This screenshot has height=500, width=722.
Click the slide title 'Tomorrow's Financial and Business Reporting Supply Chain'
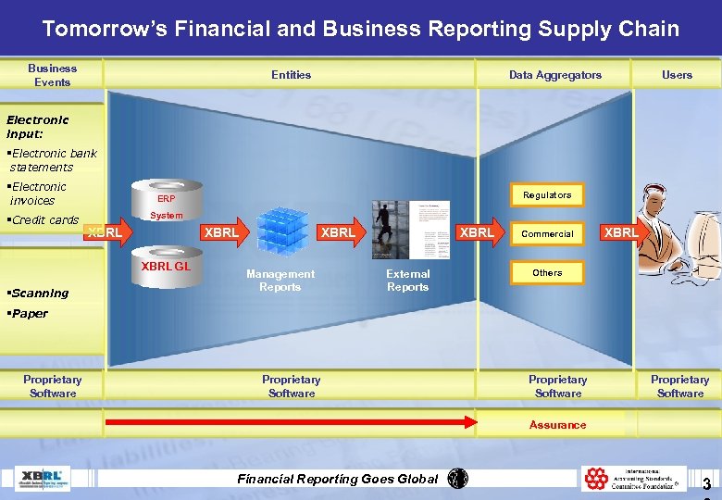point(360,29)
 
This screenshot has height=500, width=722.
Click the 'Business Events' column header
point(52,75)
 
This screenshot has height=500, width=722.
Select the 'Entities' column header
point(291,75)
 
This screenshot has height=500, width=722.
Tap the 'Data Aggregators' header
point(554,75)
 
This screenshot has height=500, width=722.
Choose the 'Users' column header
point(677,75)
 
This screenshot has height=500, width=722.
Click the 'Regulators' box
point(547,194)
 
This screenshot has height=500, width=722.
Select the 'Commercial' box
point(547,233)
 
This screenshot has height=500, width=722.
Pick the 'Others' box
point(547,272)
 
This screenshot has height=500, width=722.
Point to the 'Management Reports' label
point(280,281)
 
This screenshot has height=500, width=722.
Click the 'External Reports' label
point(407,281)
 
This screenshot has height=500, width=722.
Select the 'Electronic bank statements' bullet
point(54,160)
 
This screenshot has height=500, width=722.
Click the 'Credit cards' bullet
point(44,220)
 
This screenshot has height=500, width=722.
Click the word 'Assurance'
point(557,425)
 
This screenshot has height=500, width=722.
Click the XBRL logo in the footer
point(43,478)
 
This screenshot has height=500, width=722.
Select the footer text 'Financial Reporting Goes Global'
point(338,479)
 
